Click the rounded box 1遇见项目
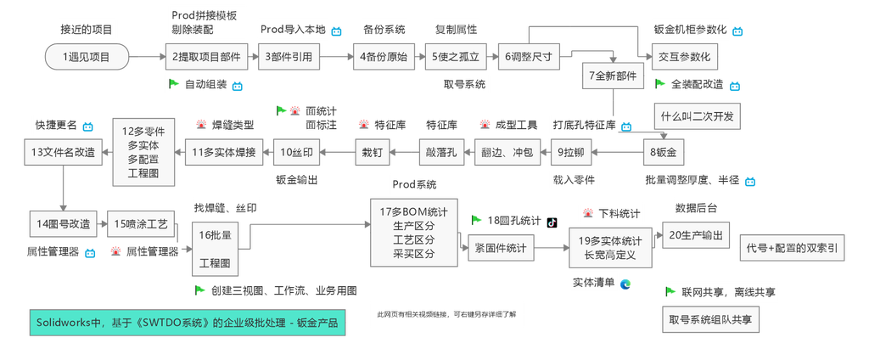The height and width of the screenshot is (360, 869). coord(87,57)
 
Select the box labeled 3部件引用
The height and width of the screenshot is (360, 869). coord(289,57)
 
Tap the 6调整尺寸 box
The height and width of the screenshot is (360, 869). coord(528,57)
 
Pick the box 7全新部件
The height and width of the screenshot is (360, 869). coord(613,76)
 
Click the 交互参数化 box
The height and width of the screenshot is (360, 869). coord(685,57)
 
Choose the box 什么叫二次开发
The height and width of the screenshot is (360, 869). coord(698,116)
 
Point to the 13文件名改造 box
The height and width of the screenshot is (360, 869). coord(63,152)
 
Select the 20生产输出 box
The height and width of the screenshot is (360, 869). coord(696,234)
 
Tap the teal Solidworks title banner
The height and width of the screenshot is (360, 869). coord(188,323)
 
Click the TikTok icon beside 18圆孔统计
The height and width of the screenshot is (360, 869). coord(552,222)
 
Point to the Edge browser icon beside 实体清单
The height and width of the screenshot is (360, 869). coord(625,284)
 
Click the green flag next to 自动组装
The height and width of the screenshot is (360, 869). coord(174,84)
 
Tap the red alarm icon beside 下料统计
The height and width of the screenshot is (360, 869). coord(589,213)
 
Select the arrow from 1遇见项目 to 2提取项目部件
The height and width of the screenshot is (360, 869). coord(148,57)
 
